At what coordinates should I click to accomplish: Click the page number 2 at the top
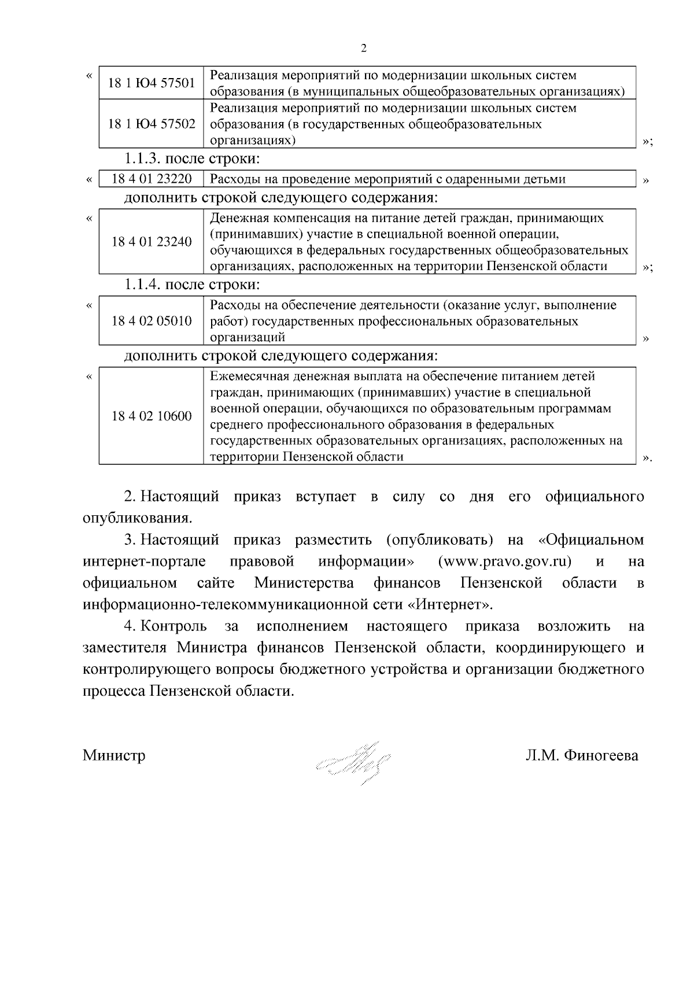[363, 49]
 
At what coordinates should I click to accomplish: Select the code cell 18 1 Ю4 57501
[152, 83]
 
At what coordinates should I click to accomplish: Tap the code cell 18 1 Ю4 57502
[152, 124]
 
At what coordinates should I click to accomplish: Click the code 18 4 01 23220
[152, 179]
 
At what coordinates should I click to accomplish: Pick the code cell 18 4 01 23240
[152, 242]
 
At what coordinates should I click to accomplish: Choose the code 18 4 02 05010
[152, 321]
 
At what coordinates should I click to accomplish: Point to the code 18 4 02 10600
[152, 416]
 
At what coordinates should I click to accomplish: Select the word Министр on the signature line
[114, 755]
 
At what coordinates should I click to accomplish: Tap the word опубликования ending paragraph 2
[136, 518]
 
